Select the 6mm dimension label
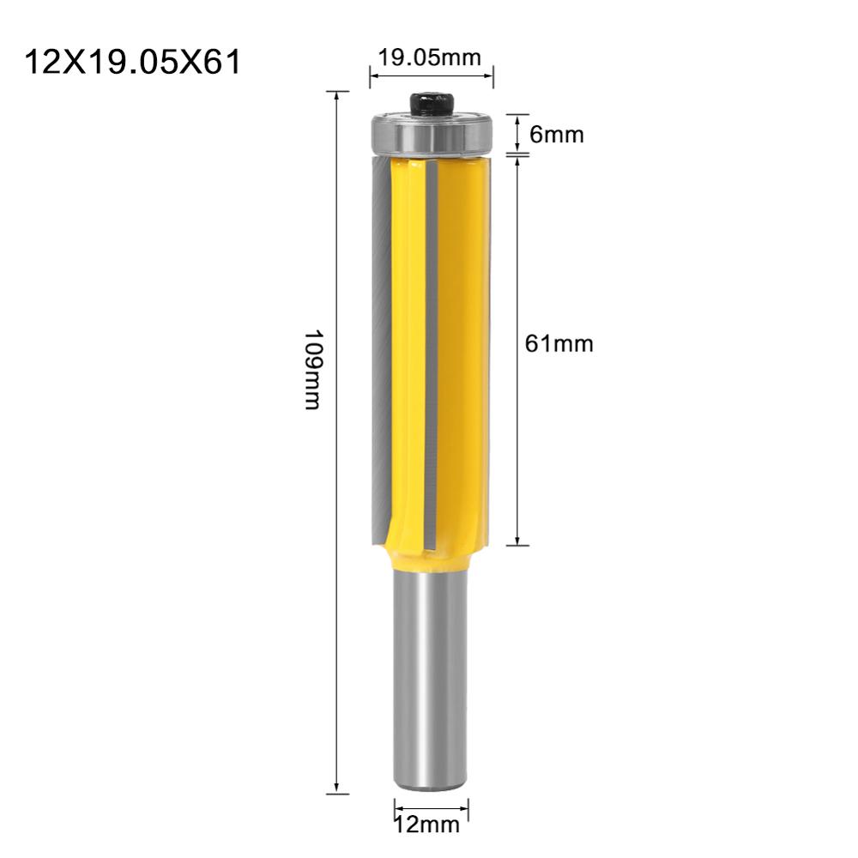pos(557,135)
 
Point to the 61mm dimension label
pos(559,344)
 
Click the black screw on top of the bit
pos(431,105)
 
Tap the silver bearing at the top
pos(432,135)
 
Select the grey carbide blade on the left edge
pos(378,343)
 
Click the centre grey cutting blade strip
pos(432,343)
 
